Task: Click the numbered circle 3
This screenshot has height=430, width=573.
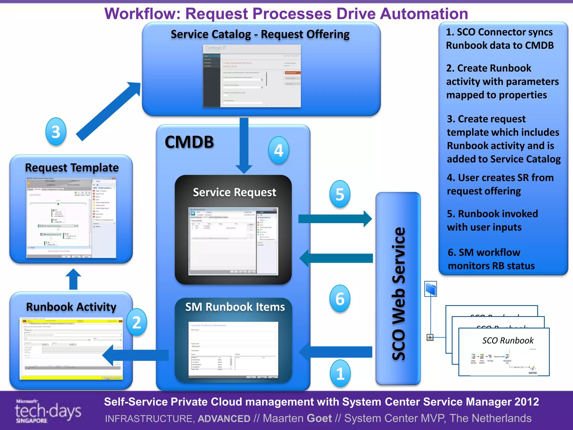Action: click(56, 132)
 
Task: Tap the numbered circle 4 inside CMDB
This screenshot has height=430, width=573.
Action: click(278, 150)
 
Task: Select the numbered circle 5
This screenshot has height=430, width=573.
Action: click(340, 194)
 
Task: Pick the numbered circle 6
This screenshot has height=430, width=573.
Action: click(340, 299)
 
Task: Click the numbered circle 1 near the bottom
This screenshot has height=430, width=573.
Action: click(340, 373)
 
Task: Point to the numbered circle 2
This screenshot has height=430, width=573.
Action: click(136, 322)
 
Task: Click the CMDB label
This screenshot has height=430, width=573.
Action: click(189, 142)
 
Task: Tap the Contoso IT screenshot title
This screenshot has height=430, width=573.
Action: click(215, 48)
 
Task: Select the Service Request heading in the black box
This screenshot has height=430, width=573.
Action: click(234, 192)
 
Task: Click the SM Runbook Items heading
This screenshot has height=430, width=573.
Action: click(235, 307)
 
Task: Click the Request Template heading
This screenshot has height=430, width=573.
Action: click(72, 168)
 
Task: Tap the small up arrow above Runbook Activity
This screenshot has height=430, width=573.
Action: click(73, 279)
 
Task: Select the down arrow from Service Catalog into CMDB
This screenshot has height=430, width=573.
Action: click(244, 146)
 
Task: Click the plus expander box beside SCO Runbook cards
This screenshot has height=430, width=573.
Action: click(430, 337)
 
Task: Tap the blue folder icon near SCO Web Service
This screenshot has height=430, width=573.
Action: click(431, 289)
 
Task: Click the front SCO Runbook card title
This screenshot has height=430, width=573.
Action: click(508, 340)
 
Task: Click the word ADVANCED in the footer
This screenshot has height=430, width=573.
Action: click(224, 419)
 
